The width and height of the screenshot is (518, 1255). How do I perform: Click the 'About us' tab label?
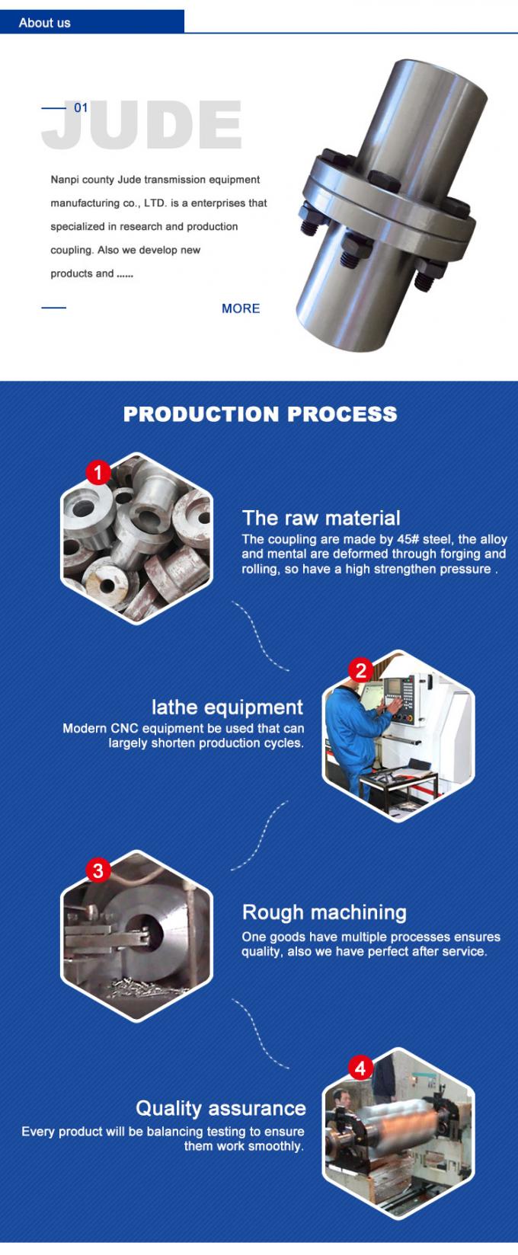tap(44, 23)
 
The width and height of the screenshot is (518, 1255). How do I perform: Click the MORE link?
tap(241, 308)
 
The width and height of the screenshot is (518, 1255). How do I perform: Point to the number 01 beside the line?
tap(81, 107)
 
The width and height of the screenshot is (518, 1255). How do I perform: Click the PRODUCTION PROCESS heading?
tap(260, 414)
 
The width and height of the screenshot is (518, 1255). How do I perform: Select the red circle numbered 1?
tap(98, 473)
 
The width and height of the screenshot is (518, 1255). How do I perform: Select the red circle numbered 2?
tap(360, 670)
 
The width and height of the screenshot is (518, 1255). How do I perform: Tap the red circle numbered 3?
tap(98, 870)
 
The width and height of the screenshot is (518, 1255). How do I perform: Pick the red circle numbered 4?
tap(360, 1068)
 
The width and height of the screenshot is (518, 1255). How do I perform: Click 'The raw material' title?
tap(321, 519)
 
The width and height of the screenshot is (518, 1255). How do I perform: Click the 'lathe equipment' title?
tap(227, 707)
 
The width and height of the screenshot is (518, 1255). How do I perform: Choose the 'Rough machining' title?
tap(324, 912)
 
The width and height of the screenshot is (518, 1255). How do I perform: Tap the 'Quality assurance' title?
tap(220, 1108)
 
